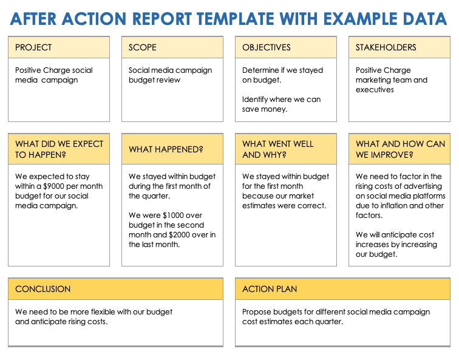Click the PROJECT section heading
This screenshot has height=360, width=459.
(x=33, y=47)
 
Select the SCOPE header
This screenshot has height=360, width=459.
(x=142, y=47)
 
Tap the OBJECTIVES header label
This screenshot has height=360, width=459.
(x=267, y=47)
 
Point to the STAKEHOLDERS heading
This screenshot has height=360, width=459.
(x=386, y=47)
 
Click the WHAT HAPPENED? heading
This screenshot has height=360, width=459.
(x=166, y=149)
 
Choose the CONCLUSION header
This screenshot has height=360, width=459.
(x=42, y=289)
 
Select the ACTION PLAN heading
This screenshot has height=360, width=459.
(x=270, y=289)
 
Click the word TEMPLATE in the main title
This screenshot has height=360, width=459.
(x=236, y=19)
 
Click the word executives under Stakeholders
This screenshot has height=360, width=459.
(x=375, y=90)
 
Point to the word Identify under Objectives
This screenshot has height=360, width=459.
(x=255, y=100)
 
